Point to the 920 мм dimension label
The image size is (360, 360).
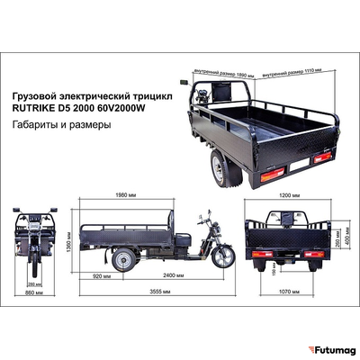pos(103,275)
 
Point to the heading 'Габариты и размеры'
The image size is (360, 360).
pos(61,125)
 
